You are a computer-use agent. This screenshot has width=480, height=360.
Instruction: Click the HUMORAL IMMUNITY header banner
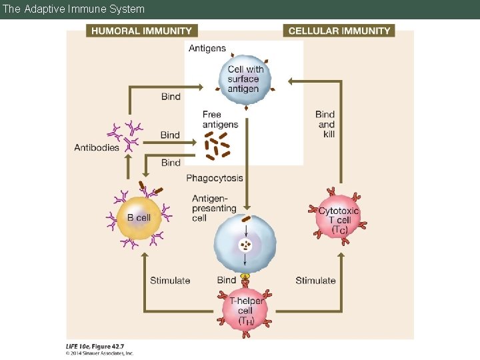tap(141, 31)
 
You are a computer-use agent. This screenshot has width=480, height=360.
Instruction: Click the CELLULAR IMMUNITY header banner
tap(339, 31)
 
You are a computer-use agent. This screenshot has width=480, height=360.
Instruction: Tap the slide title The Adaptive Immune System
tap(73, 9)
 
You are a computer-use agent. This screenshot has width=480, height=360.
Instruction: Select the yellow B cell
tap(139, 219)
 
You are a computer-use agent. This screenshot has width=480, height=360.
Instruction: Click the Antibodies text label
tap(97, 147)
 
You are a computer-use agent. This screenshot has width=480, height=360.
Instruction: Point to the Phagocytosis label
tap(215, 178)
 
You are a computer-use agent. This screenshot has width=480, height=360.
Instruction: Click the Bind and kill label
tap(325, 125)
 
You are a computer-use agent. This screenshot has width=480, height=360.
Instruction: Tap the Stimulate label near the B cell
tap(170, 281)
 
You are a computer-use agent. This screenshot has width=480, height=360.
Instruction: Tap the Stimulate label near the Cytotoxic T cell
tap(315, 281)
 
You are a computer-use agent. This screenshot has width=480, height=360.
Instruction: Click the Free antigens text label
tap(220, 119)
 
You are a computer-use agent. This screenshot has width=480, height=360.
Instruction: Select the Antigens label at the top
tap(207, 48)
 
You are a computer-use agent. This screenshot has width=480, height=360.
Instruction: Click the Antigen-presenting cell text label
tap(214, 208)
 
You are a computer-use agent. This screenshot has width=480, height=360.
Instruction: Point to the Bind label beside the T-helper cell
tap(227, 281)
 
